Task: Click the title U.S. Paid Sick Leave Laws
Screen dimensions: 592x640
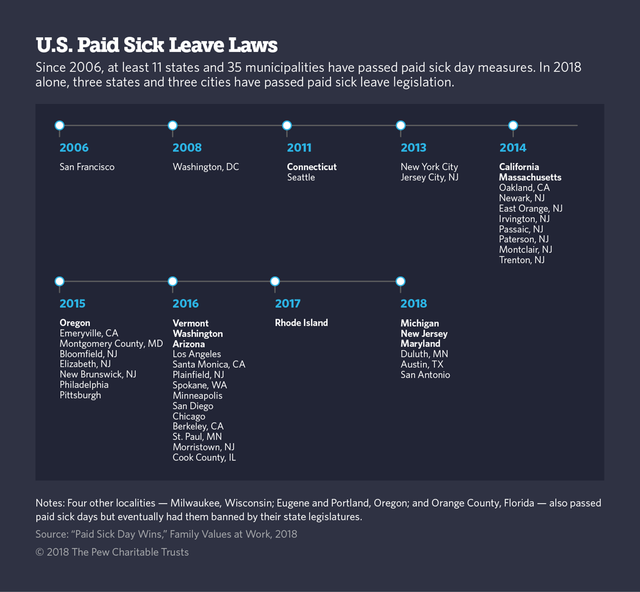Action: (x=156, y=45)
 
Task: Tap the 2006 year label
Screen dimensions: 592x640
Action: (x=74, y=148)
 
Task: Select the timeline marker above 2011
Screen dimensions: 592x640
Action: (x=287, y=125)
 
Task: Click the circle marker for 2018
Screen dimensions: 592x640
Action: (x=401, y=282)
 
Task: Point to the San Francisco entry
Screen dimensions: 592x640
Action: (x=87, y=167)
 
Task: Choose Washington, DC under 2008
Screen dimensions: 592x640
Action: (x=205, y=167)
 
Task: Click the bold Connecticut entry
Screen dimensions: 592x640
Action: (x=312, y=167)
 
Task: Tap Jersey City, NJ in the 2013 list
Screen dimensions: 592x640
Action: (x=429, y=178)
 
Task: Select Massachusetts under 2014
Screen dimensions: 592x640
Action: (x=530, y=178)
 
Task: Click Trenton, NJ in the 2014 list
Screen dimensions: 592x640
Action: (x=521, y=260)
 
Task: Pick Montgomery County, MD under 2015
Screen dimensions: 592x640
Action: (x=111, y=344)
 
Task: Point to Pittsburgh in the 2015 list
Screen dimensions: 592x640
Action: (x=80, y=395)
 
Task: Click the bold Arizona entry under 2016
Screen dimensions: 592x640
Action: (x=189, y=344)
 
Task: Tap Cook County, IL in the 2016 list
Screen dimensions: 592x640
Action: (x=204, y=458)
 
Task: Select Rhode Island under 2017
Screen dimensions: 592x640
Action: (x=301, y=323)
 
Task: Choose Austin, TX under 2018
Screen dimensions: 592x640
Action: (x=422, y=364)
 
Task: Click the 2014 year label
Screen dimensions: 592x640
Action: (x=512, y=148)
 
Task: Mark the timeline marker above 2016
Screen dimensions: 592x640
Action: (x=173, y=282)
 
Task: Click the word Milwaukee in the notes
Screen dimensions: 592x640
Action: (x=195, y=503)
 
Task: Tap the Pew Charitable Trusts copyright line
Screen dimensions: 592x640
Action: (x=112, y=552)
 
